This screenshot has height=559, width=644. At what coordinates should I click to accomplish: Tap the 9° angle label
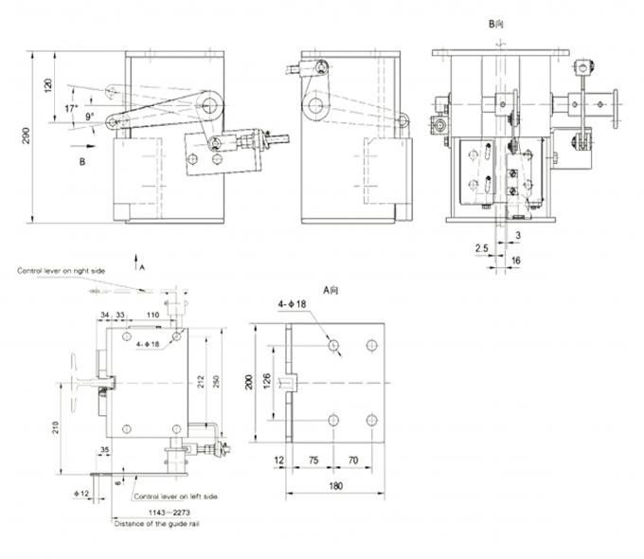[x=89, y=117]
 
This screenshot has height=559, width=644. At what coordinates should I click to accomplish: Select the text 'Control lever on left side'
[x=176, y=496]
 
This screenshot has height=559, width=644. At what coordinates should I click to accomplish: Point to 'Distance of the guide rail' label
[x=156, y=523]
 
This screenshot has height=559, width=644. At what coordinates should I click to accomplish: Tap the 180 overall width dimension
[x=336, y=486]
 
